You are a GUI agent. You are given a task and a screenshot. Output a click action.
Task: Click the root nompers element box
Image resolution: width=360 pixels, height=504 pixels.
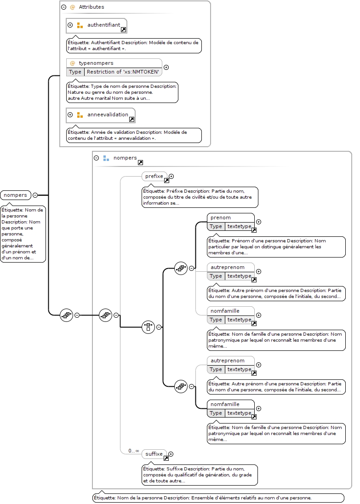(16, 195)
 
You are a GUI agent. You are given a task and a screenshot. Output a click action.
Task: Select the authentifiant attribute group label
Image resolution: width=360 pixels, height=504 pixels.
(104, 25)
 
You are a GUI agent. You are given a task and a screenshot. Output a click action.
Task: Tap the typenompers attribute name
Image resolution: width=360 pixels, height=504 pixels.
(96, 63)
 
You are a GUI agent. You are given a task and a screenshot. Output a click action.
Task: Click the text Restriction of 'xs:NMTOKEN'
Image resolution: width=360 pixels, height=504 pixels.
(123, 72)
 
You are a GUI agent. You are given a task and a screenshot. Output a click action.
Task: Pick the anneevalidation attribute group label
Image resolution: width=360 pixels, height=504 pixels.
(108, 115)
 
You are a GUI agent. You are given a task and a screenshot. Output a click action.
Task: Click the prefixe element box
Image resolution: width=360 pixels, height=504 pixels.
(154, 176)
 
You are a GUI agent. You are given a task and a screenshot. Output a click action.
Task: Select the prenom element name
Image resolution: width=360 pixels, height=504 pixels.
(221, 218)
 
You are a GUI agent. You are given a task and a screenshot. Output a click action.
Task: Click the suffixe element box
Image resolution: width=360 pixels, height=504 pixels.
(154, 454)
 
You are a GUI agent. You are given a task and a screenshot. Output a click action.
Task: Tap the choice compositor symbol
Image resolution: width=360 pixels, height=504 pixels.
(148, 327)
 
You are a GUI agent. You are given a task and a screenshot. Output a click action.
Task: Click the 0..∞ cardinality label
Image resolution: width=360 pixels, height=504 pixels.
(134, 451)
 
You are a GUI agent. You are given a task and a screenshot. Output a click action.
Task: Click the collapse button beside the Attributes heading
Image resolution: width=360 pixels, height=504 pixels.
(64, 7)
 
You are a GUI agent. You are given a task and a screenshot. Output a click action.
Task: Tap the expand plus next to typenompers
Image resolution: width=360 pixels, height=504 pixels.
(166, 67)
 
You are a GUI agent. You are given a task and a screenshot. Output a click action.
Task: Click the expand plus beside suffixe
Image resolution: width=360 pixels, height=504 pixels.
(171, 454)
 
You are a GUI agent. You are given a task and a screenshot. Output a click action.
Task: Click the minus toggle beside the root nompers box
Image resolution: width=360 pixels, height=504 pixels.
(35, 195)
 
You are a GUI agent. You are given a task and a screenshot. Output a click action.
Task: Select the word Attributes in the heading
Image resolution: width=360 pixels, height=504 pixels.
(91, 7)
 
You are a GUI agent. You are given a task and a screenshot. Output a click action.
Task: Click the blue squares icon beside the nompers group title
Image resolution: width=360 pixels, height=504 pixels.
(106, 158)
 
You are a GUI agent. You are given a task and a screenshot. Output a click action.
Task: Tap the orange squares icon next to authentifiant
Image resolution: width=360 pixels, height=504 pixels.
(80, 25)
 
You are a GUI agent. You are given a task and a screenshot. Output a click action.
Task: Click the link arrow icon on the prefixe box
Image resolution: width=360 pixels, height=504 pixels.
(166, 181)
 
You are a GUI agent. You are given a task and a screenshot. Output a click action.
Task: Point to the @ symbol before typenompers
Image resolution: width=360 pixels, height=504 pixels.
(73, 63)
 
